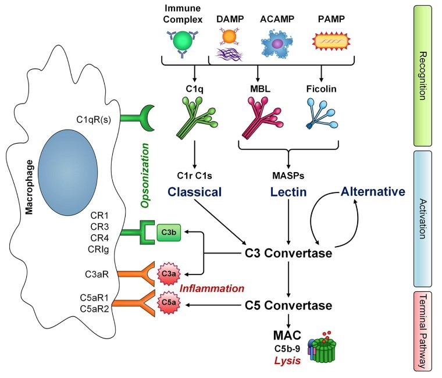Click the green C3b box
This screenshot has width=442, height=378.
click(169, 232)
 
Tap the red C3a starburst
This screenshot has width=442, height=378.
click(169, 274)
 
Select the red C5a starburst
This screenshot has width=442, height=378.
click(169, 302)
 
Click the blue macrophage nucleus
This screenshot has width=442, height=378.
click(67, 173)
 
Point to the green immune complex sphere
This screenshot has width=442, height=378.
click(183, 41)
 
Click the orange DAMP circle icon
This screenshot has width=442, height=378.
click(229, 37)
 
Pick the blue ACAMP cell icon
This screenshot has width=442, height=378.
click(277, 44)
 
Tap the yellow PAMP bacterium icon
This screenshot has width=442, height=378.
click(331, 41)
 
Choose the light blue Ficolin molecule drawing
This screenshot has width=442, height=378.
click(322, 113)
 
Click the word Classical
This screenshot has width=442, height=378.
click(194, 192)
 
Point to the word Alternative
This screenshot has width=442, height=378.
click(373, 191)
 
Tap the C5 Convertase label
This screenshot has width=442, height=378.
click(288, 305)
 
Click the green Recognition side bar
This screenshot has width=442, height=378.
click(423, 76)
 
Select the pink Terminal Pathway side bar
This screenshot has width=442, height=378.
click(423, 331)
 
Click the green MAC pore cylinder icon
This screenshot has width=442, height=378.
click(324, 350)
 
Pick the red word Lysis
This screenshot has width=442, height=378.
click(287, 361)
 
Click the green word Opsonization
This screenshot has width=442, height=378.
click(145, 176)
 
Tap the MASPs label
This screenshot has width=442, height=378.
click(288, 176)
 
